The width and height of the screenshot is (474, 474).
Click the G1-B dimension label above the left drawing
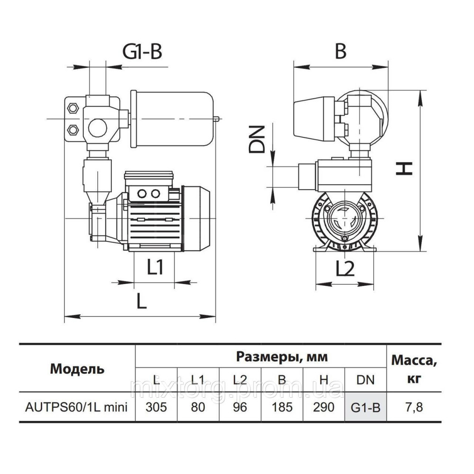point(143,52)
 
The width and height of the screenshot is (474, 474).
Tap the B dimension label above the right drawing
point(340,51)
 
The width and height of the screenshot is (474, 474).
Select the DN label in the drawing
point(256,139)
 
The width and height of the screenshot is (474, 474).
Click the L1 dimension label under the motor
point(155,268)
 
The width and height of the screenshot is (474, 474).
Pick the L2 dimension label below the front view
point(345,269)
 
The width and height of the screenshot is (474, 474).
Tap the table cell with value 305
point(156,407)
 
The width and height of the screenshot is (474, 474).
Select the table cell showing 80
point(198,407)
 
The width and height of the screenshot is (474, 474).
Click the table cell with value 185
point(282,407)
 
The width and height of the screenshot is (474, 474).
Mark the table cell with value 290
point(324,407)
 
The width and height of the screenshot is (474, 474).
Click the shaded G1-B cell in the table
point(366,407)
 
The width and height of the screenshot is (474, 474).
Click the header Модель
point(77,368)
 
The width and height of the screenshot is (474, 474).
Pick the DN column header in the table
point(366,379)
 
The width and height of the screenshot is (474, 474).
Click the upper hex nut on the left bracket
point(74,108)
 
